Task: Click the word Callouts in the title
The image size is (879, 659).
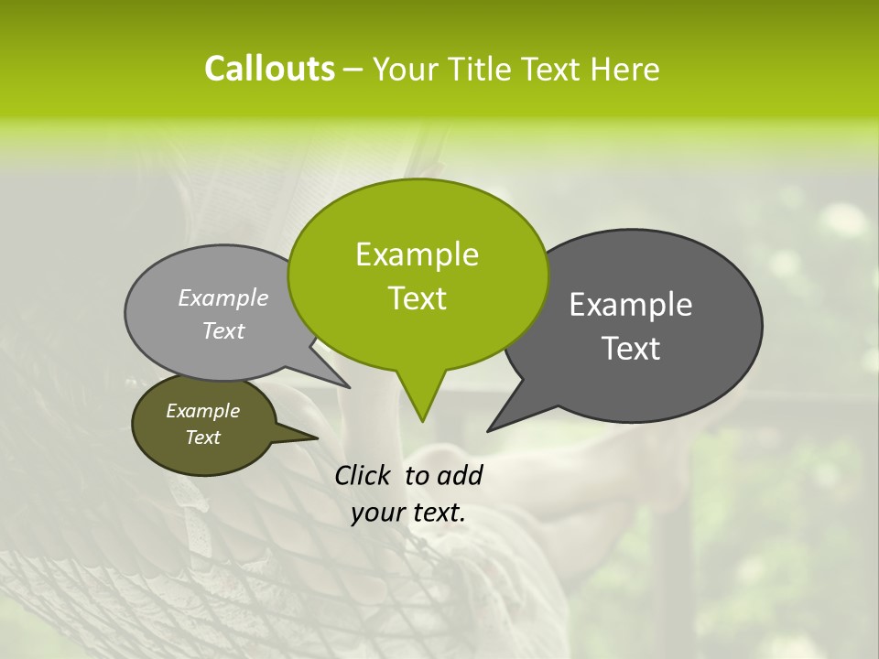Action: pyautogui.click(x=269, y=69)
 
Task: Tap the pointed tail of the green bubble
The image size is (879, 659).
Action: pyautogui.click(x=421, y=403)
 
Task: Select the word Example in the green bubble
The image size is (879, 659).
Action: pyautogui.click(x=417, y=254)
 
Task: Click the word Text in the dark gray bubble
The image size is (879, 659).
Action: pyautogui.click(x=632, y=349)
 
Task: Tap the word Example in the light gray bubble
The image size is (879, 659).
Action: pyautogui.click(x=223, y=297)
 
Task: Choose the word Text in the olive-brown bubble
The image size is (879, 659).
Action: pyautogui.click(x=203, y=438)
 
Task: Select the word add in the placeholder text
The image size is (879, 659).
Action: pyautogui.click(x=460, y=475)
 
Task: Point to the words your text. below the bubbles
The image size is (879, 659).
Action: pyautogui.click(x=408, y=513)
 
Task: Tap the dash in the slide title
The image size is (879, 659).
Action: pyautogui.click(x=354, y=70)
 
